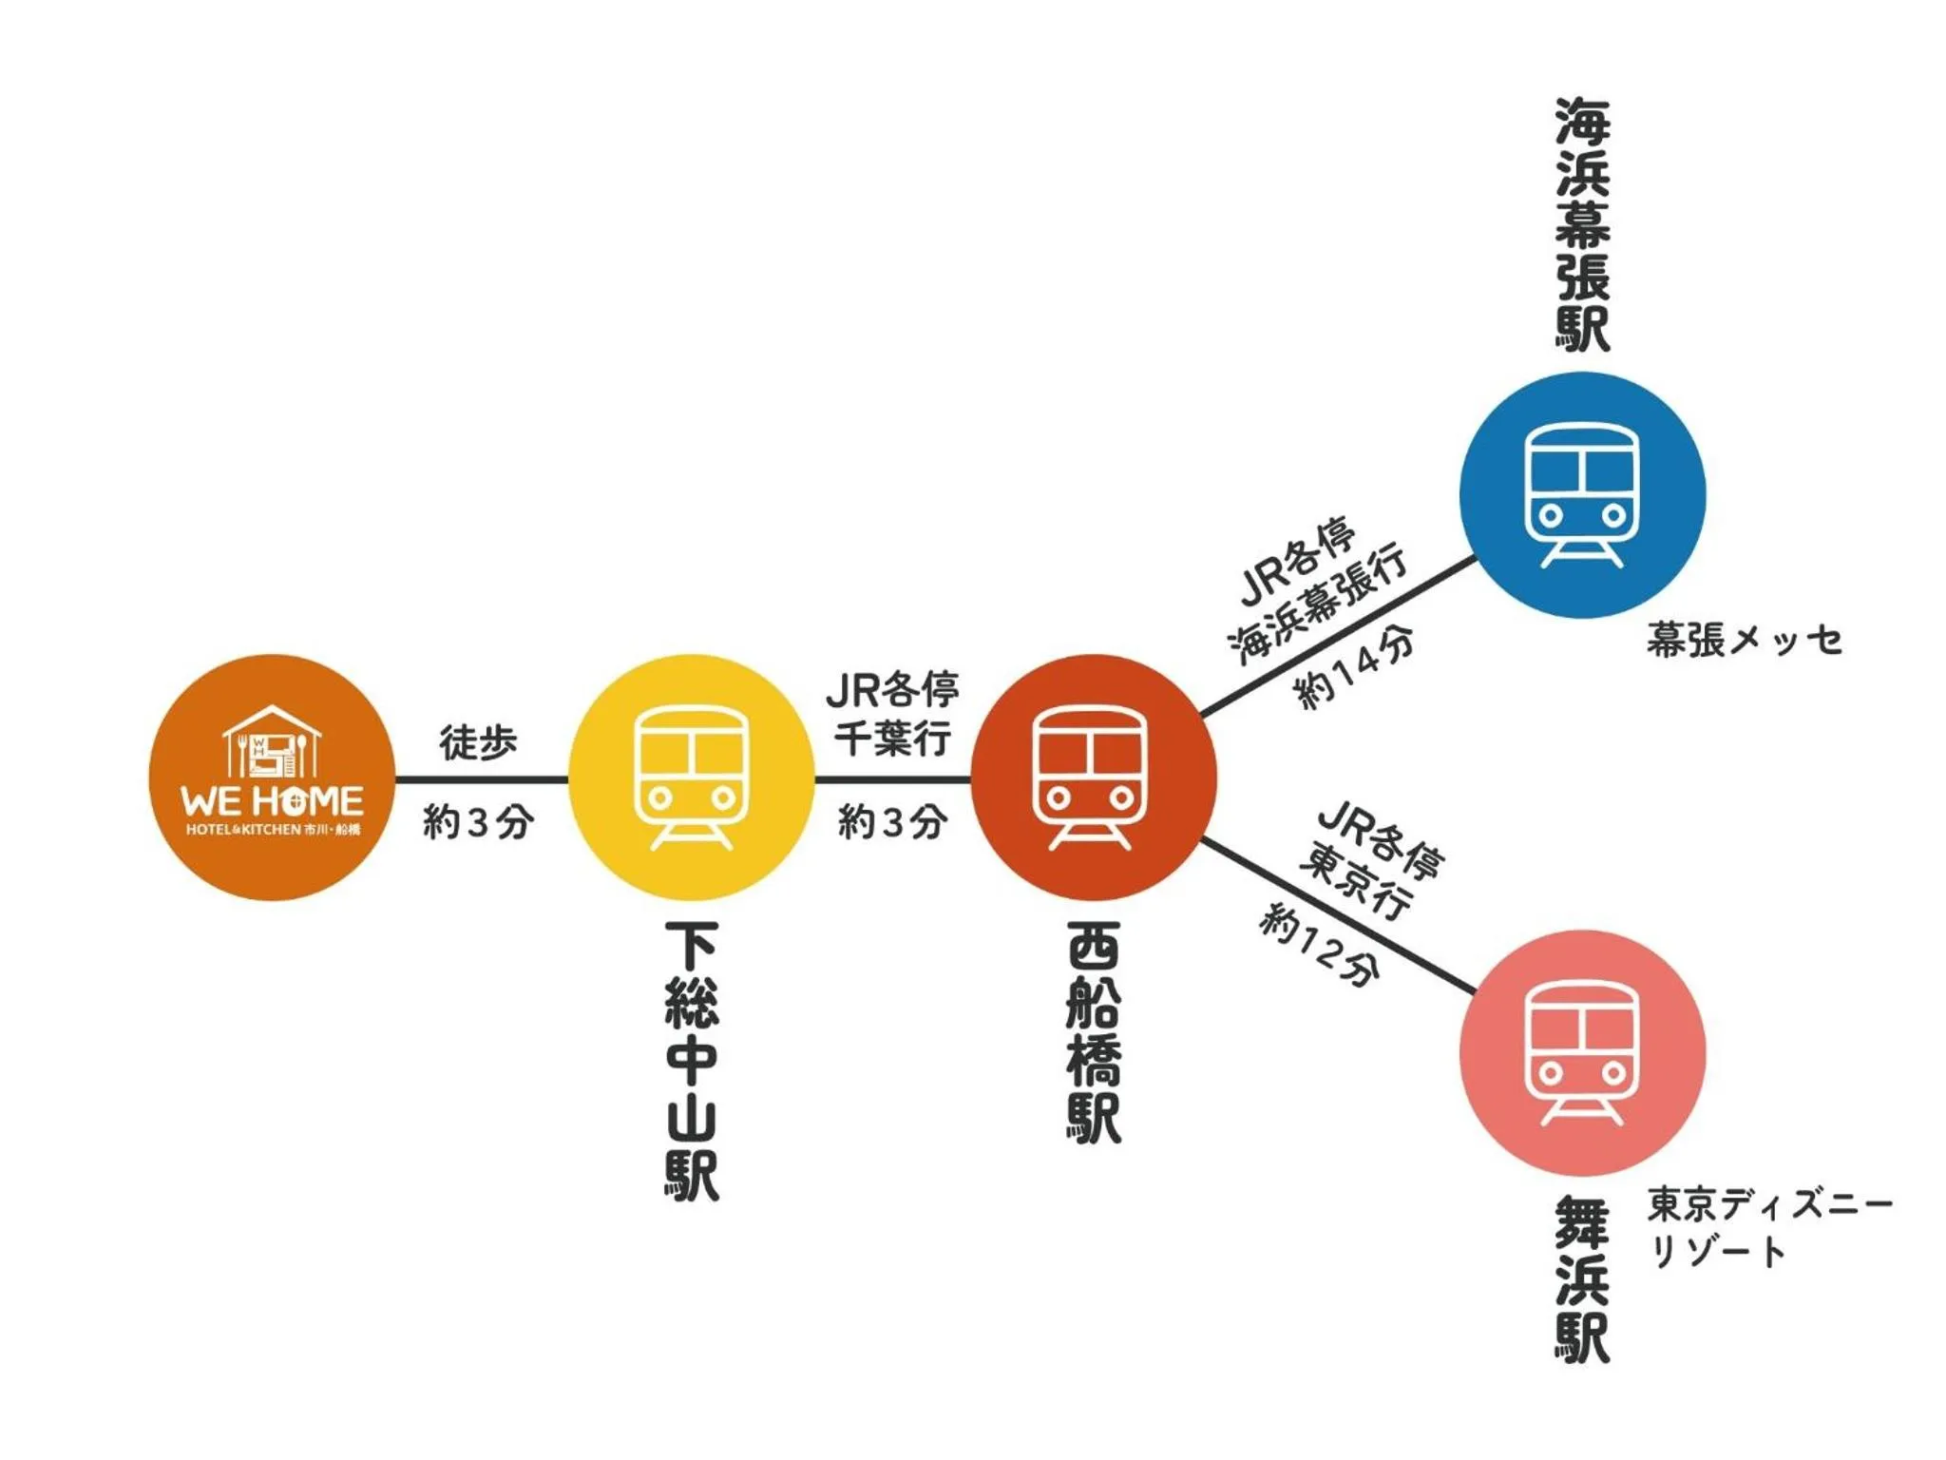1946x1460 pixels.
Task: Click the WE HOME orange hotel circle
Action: pyautogui.click(x=272, y=778)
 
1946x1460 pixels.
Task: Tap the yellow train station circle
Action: pyautogui.click(x=691, y=778)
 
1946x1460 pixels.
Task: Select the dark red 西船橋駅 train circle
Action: pyautogui.click(x=1093, y=778)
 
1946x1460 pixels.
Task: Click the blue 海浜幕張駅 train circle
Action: pyautogui.click(x=1581, y=495)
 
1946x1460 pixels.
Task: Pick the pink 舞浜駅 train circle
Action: pyautogui.click(x=1581, y=1052)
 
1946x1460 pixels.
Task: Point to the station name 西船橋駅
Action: pyautogui.click(x=1093, y=1032)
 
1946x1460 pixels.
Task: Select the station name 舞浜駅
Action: pyautogui.click(x=1582, y=1279)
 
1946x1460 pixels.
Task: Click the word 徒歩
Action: pyautogui.click(x=478, y=741)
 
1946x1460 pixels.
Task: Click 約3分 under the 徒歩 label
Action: pyautogui.click(x=478, y=821)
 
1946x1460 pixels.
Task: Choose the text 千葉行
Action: pyautogui.click(x=892, y=738)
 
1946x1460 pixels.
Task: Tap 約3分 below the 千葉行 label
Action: pyautogui.click(x=892, y=821)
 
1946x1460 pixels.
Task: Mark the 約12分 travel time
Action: pyautogui.click(x=1320, y=945)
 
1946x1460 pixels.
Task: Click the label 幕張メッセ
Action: pyautogui.click(x=1745, y=640)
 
